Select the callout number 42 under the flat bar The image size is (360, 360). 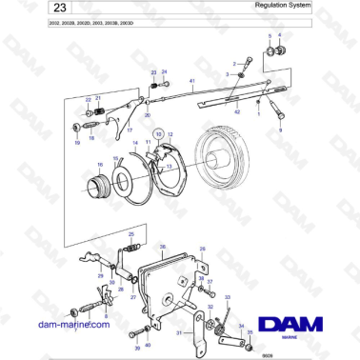pyautogui.click(x=237, y=112)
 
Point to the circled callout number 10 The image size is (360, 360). pyautogui.click(x=159, y=134)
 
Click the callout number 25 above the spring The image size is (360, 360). pyautogui.click(x=130, y=234)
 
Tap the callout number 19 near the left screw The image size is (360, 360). pyautogui.click(x=76, y=142)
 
